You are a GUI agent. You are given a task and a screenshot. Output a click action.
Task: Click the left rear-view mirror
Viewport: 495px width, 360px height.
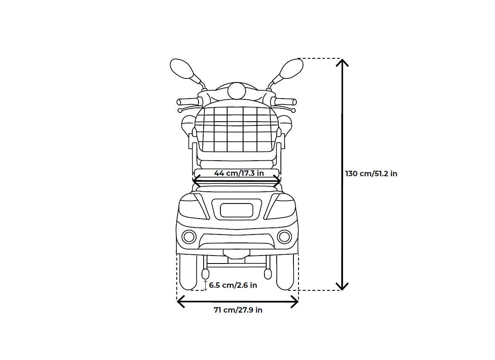pyautogui.click(x=181, y=68)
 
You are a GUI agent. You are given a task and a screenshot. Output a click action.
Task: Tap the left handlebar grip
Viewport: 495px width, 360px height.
pyautogui.click(x=187, y=102)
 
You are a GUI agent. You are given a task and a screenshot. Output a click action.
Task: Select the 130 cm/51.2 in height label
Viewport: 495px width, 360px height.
pyautogui.click(x=371, y=174)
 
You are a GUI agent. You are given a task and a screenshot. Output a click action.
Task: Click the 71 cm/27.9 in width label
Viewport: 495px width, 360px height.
pyautogui.click(x=238, y=310)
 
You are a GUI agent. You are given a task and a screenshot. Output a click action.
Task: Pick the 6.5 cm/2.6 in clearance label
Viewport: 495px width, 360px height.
pyautogui.click(x=233, y=285)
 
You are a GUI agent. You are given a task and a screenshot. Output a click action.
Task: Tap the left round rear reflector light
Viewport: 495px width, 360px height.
pyautogui.click(x=189, y=237)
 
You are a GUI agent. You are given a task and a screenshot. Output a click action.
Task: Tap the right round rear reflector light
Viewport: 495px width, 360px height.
pyautogui.click(x=285, y=237)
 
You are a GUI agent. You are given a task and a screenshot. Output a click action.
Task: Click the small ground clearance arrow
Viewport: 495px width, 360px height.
pyautogui.click(x=205, y=285)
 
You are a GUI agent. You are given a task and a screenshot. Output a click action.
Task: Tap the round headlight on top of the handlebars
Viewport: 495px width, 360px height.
pyautogui.click(x=237, y=90)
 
